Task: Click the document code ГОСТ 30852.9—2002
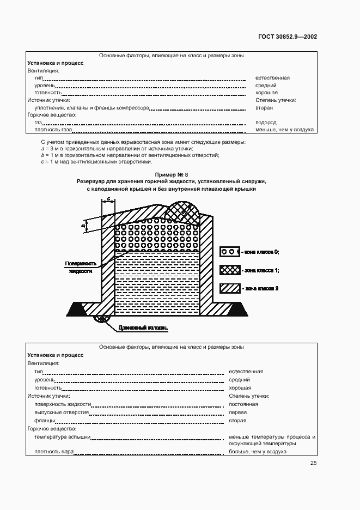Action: point(288,37)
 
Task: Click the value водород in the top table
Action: point(266,123)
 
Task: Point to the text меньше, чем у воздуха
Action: point(284,130)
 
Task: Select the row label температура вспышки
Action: point(62,437)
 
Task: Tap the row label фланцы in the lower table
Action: point(44,421)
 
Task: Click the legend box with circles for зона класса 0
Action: point(229,252)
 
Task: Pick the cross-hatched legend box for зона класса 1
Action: point(229,270)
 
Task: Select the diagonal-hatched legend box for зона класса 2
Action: point(229,288)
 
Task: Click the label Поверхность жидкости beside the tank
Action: point(81,267)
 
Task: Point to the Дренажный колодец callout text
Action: point(143,328)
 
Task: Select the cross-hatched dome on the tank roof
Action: point(183,209)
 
